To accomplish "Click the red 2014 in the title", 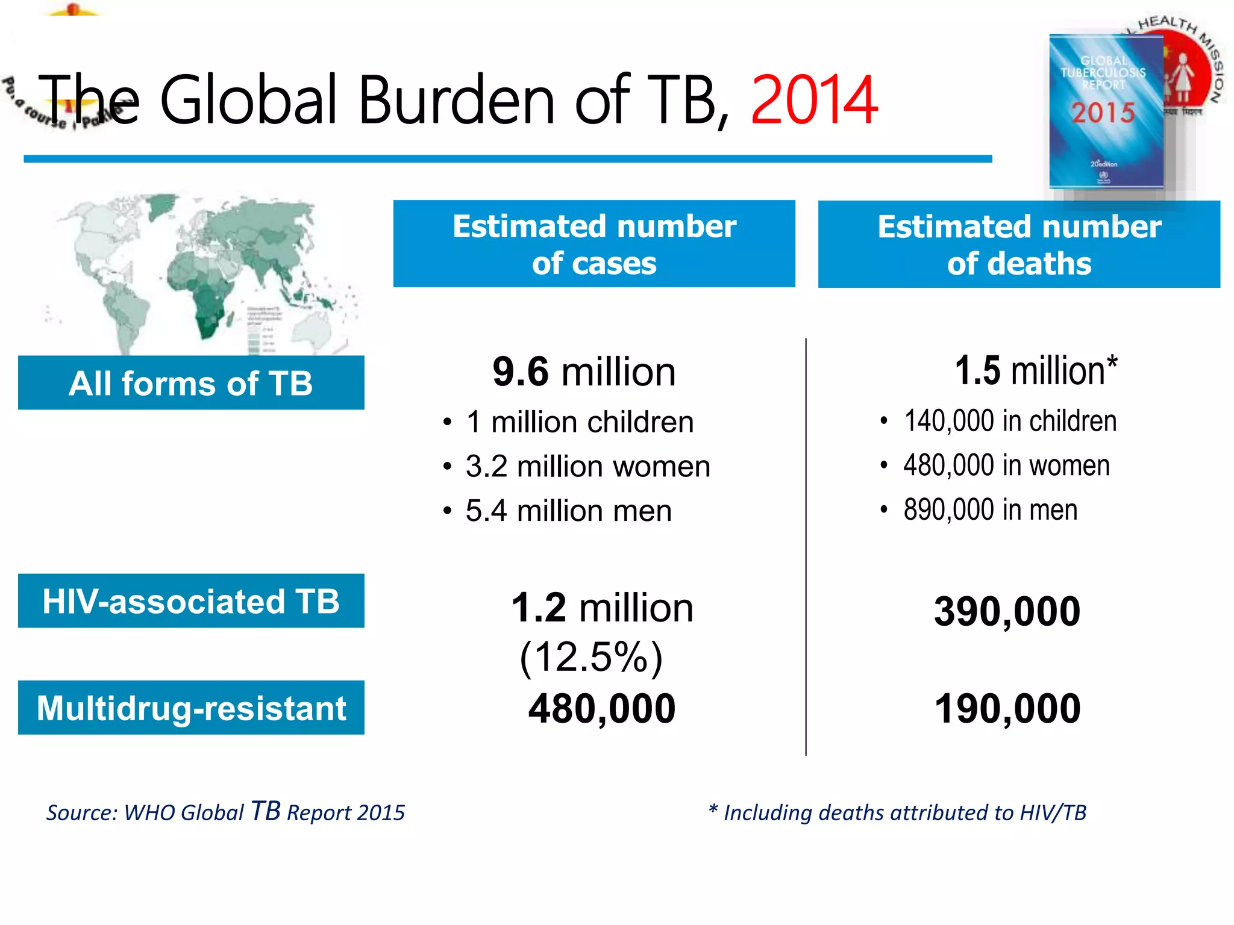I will click(x=813, y=100).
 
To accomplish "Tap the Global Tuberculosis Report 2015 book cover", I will click(x=1106, y=111).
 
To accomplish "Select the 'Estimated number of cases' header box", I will click(x=594, y=244).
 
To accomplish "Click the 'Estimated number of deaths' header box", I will click(x=1018, y=244).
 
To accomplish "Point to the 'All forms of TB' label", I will click(x=191, y=383).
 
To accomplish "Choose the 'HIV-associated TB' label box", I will click(x=191, y=601).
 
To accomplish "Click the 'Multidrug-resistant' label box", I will click(x=191, y=708).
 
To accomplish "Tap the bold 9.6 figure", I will click(x=521, y=372).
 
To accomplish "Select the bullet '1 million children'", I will click(x=580, y=422).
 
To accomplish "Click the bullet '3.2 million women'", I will click(x=587, y=466).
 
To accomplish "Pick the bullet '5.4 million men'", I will click(x=568, y=511).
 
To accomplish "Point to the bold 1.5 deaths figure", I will click(x=977, y=370).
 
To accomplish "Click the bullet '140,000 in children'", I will click(x=1010, y=420).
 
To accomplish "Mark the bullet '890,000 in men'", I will click(x=990, y=509).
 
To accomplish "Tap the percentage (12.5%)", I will click(x=591, y=656).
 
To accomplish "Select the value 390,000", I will click(x=1007, y=611).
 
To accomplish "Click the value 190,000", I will click(x=1007, y=708).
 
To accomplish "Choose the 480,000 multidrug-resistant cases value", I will click(x=601, y=708).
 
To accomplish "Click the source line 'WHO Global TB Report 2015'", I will click(x=226, y=812).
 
